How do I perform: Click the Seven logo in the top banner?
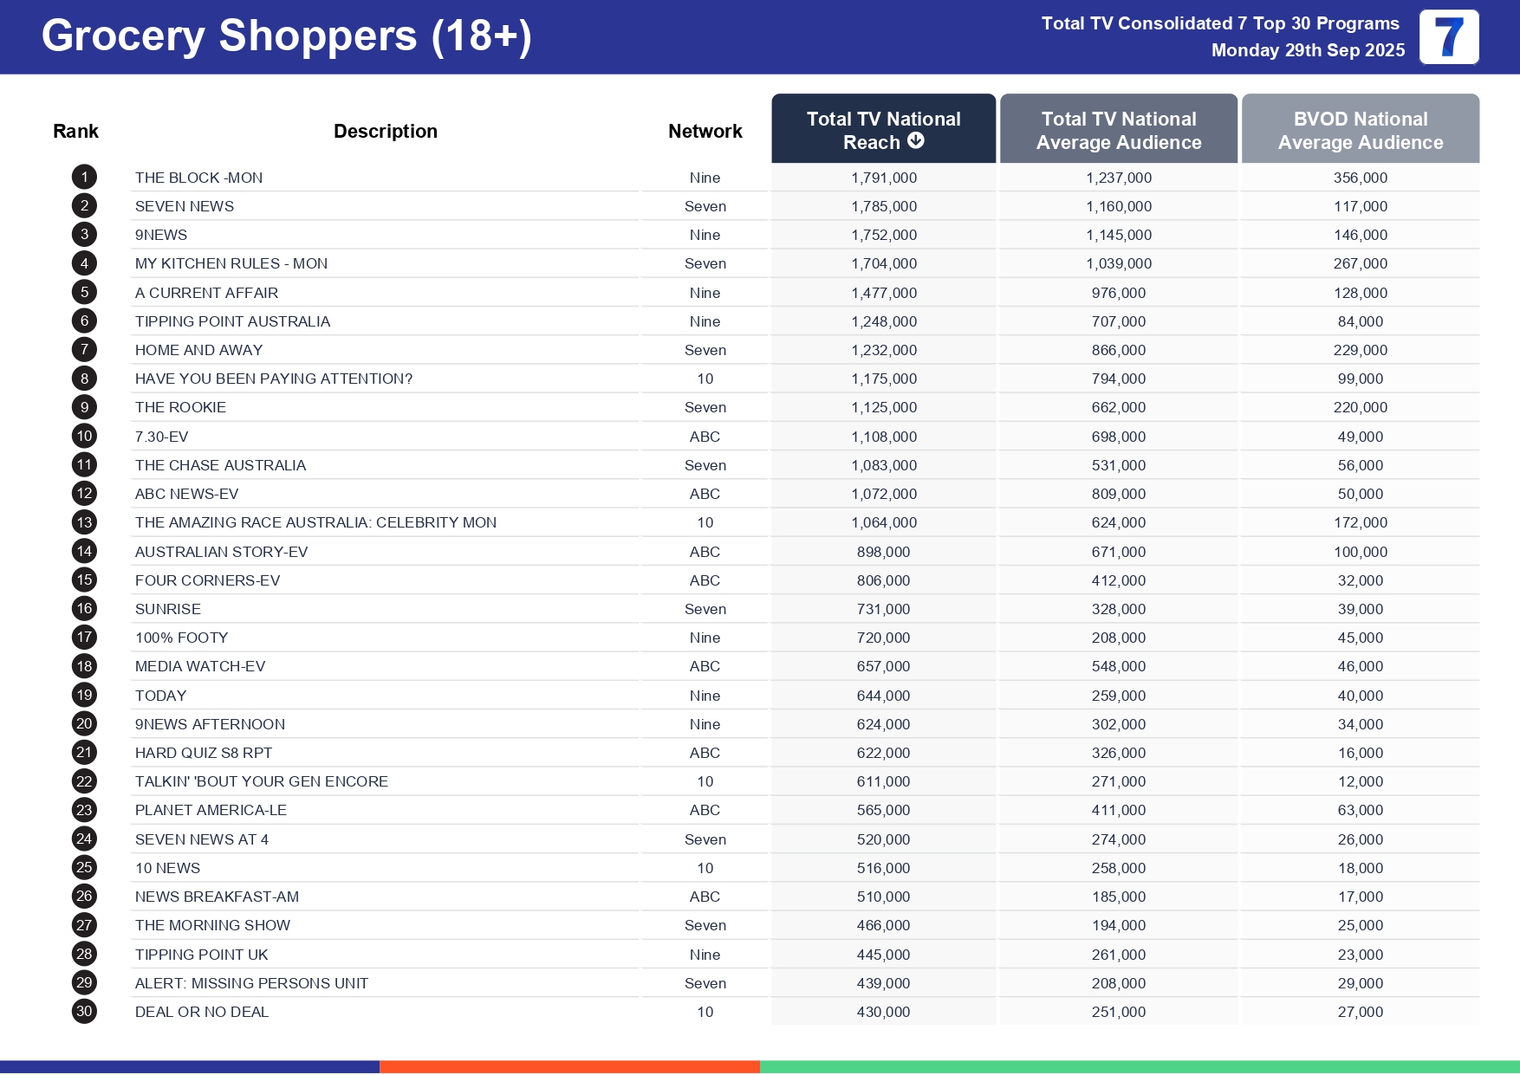[x=1448, y=37]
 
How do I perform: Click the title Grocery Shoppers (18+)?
[x=286, y=36]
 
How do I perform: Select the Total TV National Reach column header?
[x=883, y=129]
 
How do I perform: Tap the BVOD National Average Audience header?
[x=1360, y=131]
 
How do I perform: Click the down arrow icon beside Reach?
[x=916, y=140]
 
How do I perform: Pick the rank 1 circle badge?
[x=84, y=178]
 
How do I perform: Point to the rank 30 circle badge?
[x=84, y=1011]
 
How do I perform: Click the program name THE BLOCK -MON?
[x=198, y=178]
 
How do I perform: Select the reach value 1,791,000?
[x=883, y=178]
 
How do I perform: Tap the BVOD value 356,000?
[x=1360, y=178]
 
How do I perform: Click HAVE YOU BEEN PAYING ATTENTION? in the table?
[x=274, y=379]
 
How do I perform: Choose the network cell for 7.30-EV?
[x=705, y=437]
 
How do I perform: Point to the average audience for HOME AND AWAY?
[x=1118, y=350]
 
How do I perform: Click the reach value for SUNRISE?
[x=883, y=609]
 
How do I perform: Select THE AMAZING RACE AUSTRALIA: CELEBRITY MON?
[x=315, y=522]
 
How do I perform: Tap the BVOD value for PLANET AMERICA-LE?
[x=1360, y=810]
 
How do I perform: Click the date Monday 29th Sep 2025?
[x=1308, y=50]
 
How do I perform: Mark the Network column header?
[x=705, y=131]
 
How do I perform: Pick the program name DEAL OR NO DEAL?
[x=202, y=1012]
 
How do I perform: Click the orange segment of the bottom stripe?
[x=569, y=1067]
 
